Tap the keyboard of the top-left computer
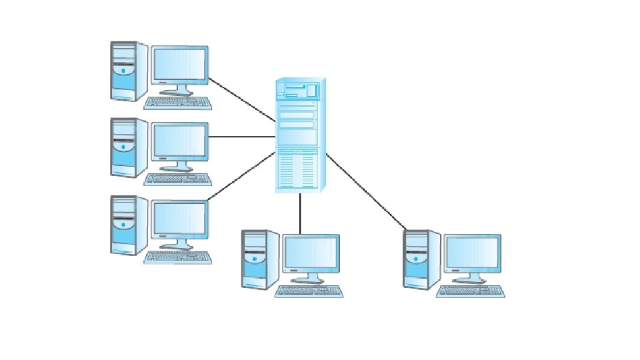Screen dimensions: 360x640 point(178,103)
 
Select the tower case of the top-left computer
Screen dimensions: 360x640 point(124,71)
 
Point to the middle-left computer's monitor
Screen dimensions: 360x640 point(179,141)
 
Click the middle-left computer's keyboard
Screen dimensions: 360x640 point(178,180)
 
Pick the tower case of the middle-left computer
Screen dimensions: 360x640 point(124,148)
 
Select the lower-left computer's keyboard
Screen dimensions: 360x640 point(178,257)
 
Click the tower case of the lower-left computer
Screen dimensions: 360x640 point(124,225)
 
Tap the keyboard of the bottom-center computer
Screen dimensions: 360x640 point(309,291)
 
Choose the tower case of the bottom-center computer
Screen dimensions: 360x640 point(255,260)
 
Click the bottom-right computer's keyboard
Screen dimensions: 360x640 point(471,291)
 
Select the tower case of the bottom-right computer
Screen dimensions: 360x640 point(417,260)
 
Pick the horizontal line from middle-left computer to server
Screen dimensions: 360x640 point(242,137)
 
